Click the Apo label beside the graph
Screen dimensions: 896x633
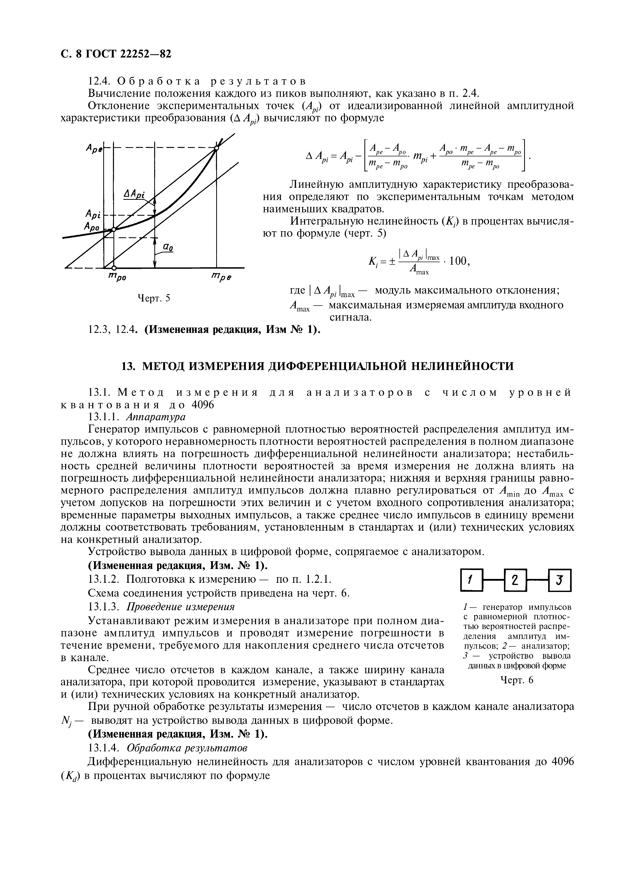(x=92, y=226)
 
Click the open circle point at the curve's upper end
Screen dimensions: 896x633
(x=217, y=148)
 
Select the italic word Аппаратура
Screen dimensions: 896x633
(x=156, y=417)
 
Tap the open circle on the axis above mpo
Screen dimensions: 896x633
(x=113, y=268)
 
